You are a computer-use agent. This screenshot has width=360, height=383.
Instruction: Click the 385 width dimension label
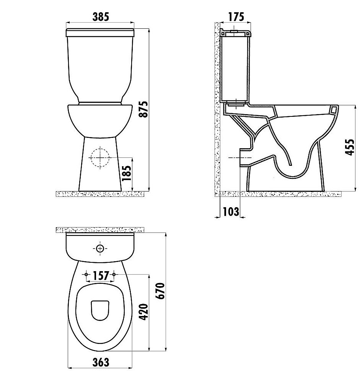101,17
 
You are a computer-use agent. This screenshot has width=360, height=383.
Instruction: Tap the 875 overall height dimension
144,109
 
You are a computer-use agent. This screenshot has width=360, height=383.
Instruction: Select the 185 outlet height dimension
127,173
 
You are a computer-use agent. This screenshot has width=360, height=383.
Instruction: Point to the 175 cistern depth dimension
236,16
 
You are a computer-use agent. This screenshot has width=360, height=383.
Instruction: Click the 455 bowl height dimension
350,147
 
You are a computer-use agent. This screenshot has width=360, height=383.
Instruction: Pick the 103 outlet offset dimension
231,211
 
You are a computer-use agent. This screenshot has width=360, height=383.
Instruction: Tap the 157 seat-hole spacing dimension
101,275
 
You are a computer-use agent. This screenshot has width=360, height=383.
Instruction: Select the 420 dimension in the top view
144,312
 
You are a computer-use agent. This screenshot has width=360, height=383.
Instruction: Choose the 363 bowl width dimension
101,362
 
